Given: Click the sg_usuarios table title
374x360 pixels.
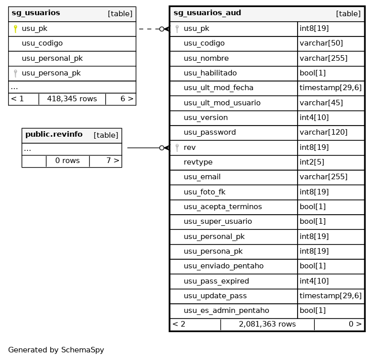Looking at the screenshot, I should tap(35, 13).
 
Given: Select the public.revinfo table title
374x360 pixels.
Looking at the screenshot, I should tap(54, 135).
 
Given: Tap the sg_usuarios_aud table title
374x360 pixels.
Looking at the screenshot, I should tap(207, 13).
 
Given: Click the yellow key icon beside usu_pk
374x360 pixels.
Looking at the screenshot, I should tap(15, 29).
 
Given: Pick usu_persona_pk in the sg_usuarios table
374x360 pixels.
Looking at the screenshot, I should tap(51, 73).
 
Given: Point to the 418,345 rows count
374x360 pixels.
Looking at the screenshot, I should tap(72, 99).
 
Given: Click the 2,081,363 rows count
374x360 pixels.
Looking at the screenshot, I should tap(267, 324).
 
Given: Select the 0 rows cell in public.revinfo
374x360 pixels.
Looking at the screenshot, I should tap(67, 161).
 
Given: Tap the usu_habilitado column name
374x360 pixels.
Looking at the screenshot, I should tap(210, 73).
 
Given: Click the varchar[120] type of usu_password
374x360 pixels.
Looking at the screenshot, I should tap(323, 133).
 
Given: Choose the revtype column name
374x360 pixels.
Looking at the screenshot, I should tap(198, 163).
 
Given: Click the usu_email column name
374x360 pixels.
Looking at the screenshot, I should tap(202, 177).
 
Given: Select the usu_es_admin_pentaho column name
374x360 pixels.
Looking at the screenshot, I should tap(226, 310).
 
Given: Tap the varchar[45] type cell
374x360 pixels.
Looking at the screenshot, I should tap(321, 103).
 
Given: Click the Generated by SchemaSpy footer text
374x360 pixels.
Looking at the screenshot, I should tap(56, 350).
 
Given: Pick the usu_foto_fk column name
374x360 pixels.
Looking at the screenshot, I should tap(204, 192).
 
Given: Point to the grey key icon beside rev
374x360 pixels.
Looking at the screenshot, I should tap(177, 147).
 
